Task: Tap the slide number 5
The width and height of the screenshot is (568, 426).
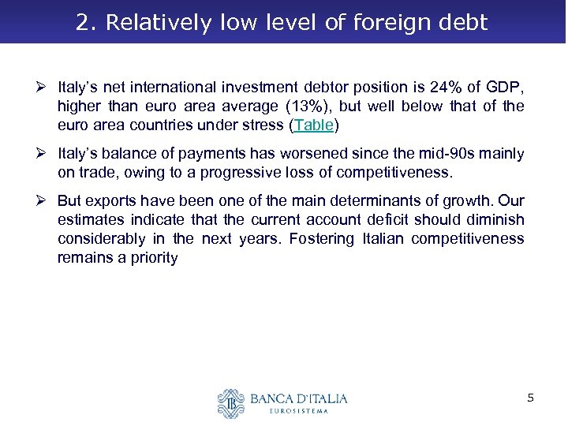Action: pyautogui.click(x=531, y=398)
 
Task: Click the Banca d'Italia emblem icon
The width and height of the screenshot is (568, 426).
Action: pyautogui.click(x=232, y=403)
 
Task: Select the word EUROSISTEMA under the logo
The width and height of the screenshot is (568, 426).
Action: pyautogui.click(x=297, y=411)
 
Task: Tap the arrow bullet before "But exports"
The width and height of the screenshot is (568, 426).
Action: pyautogui.click(x=45, y=200)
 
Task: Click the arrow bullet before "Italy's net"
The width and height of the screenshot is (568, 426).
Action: pyautogui.click(x=45, y=87)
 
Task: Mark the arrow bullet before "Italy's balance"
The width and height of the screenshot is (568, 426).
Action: pyautogui.click(x=45, y=153)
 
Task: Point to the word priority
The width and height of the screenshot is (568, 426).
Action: pyautogui.click(x=149, y=257)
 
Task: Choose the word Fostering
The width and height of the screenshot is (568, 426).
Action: pyautogui.click(x=328, y=238)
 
